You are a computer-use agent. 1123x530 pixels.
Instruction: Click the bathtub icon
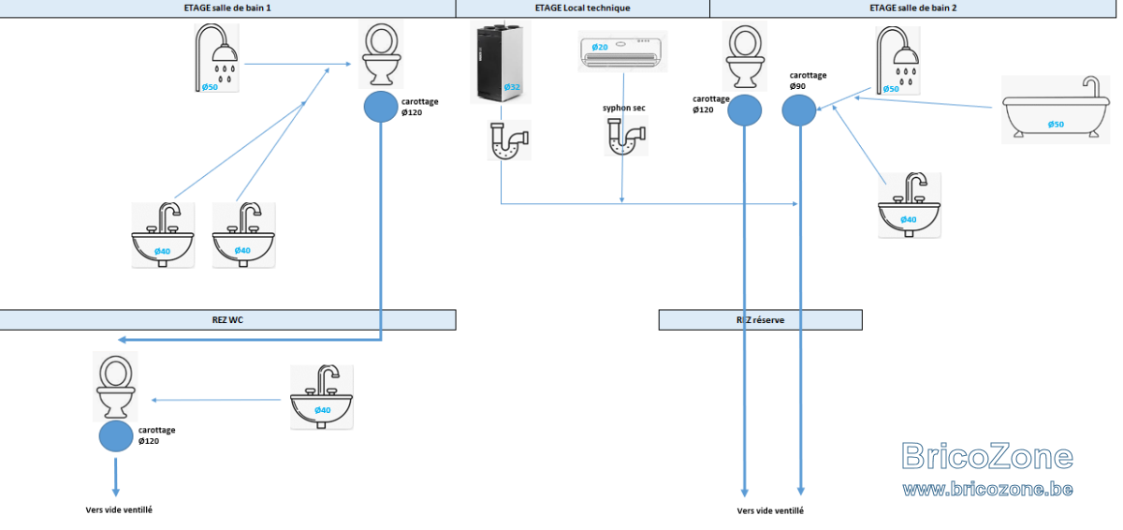pos(1056,110)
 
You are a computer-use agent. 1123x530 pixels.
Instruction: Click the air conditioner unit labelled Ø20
pos(622,52)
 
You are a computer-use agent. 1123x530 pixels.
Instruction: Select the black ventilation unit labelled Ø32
pos(501,62)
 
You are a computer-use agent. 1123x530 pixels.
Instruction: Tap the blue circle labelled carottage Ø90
pos(799,110)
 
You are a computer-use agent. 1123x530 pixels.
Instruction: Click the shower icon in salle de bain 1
pos(216,58)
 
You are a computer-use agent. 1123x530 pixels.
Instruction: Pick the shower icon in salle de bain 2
pos(897,61)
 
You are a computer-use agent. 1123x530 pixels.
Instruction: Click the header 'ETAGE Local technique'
pos(582,8)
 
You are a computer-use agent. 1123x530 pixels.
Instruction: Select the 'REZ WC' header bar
pos(227,320)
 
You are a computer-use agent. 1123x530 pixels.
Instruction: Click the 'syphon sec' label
pos(623,108)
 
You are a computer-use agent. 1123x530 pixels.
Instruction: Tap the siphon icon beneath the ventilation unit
pos(509,140)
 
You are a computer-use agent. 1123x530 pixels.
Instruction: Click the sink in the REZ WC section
pos(321,397)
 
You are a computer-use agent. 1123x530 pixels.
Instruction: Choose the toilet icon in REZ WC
pos(116,387)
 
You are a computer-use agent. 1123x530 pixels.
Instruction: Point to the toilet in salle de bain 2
pos(745,56)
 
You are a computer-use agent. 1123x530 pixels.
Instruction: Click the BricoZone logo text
pos(987,456)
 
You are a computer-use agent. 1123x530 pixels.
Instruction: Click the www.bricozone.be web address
pos(987,489)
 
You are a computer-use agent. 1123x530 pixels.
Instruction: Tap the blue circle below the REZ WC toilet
pos(116,436)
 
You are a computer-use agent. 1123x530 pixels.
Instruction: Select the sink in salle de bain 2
pos(909,205)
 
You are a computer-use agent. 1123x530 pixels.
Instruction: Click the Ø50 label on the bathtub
pos(1056,125)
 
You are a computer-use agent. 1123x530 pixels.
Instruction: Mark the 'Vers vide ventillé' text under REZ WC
pos(119,510)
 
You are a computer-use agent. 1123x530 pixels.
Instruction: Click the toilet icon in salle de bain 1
pos(381,54)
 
